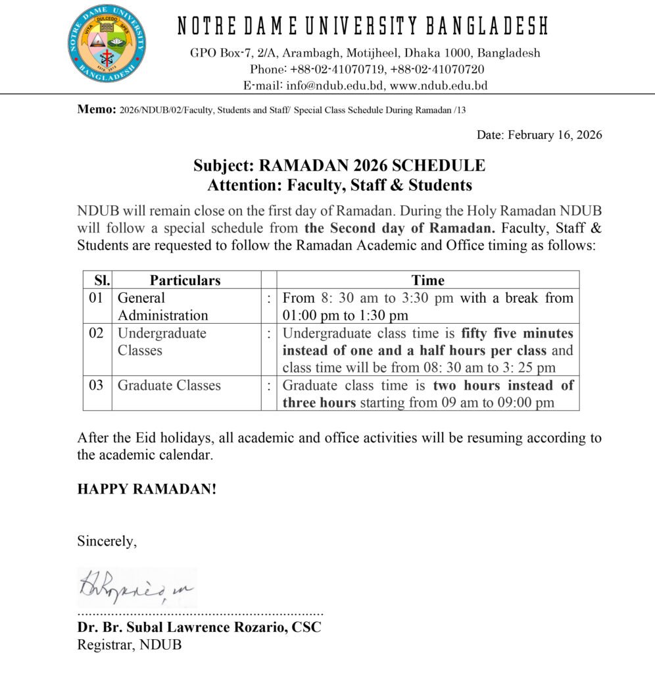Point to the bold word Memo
[x=97, y=109]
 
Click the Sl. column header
[x=99, y=280]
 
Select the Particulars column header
[x=185, y=280]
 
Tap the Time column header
[x=427, y=280]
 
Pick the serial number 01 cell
[x=97, y=298]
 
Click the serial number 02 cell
[x=97, y=333]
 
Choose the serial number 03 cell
[x=97, y=385]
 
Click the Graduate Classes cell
[x=169, y=385]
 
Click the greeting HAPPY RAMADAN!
[x=147, y=489]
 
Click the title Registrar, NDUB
[x=130, y=644]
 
